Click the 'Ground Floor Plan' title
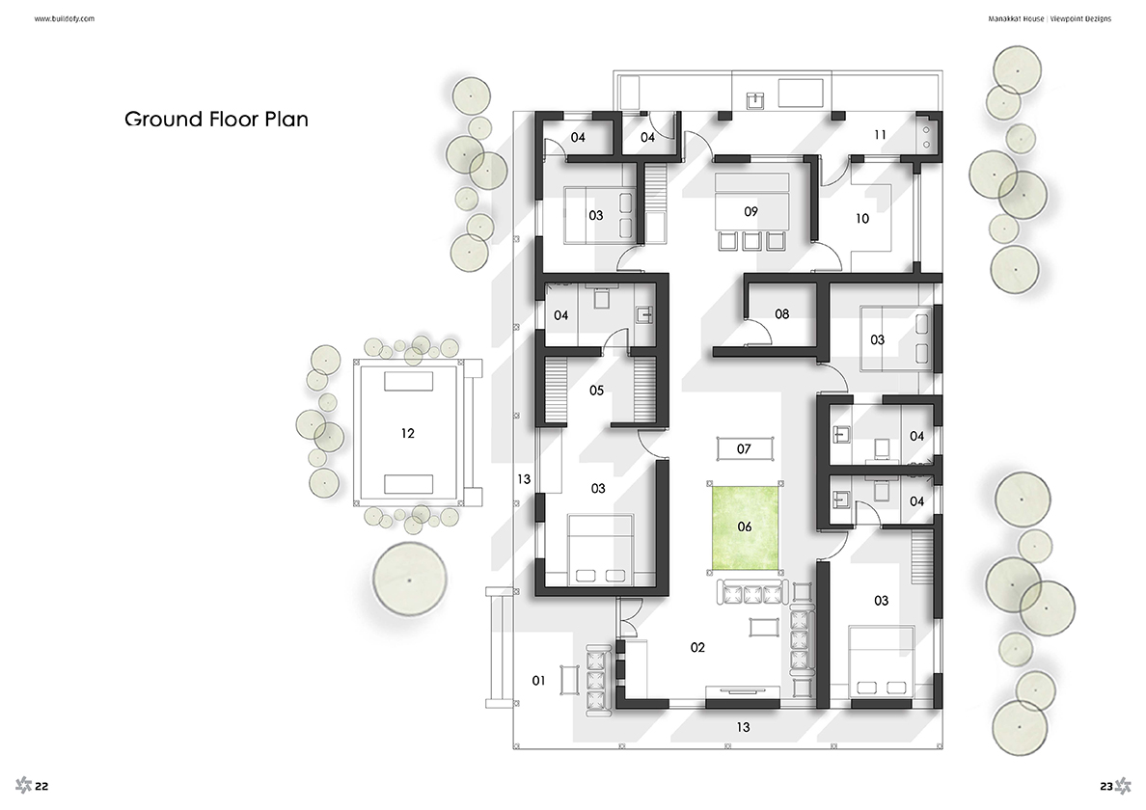point(216,119)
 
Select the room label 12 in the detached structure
point(408,433)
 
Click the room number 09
point(750,212)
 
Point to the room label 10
point(862,218)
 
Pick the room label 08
point(782,314)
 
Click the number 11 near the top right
point(880,135)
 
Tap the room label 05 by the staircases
point(596,391)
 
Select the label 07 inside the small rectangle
point(744,449)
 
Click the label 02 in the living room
point(698,647)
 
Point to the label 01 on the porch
point(538,681)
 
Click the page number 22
point(41,787)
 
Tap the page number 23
point(1105,787)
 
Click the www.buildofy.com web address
point(65,19)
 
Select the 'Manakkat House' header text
point(1016,19)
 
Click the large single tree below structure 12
point(409,580)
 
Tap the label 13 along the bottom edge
point(744,727)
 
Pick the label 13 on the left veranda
point(523,480)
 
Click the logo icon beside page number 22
point(23,785)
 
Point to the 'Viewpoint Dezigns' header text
point(1081,19)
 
